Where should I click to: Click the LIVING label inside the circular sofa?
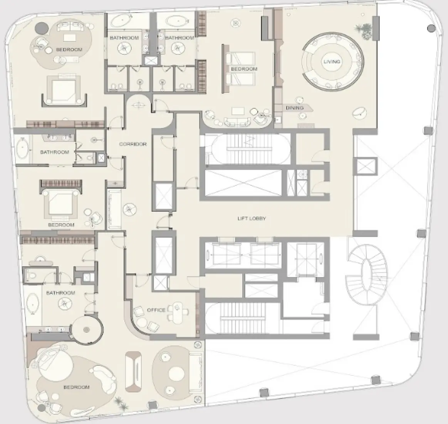pyautogui.click(x=332, y=62)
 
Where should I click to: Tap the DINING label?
pyautogui.click(x=294, y=108)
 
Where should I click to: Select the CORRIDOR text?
pyautogui.click(x=133, y=144)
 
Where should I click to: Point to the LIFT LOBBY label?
pyautogui.click(x=252, y=219)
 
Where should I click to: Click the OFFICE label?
pyautogui.click(x=156, y=310)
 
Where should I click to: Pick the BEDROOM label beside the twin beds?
pyautogui.click(x=244, y=69)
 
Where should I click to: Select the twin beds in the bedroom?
pyautogui.click(x=235, y=69)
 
